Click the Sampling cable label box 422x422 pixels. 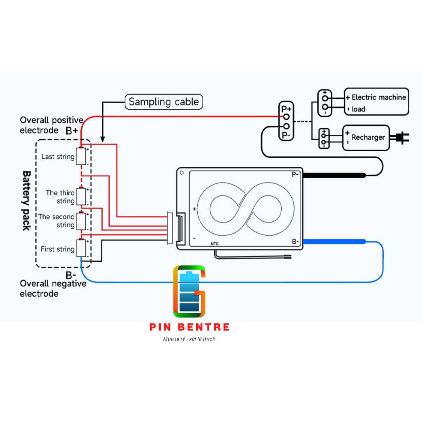coord(164,102)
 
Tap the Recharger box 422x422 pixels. coord(366,138)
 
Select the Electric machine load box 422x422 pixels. coord(376,102)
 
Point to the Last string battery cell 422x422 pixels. coord(82,157)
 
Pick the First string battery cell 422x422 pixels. coord(82,249)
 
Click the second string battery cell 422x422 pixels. coord(82,221)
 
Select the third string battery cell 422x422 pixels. coord(82,197)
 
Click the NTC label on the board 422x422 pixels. coord(215,244)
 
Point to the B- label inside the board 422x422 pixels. coord(295,241)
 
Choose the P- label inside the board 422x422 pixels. coord(295,174)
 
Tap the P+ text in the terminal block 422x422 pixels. coord(286,109)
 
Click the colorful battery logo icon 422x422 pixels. coord(189,291)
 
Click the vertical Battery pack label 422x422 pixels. coord(26,200)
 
